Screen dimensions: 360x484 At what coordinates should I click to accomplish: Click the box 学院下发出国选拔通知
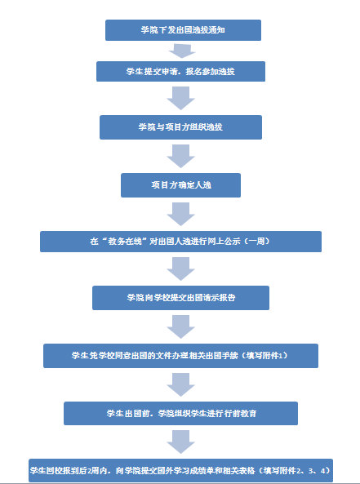pos(183,30)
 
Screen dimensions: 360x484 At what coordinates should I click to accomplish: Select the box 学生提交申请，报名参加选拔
pos(180,71)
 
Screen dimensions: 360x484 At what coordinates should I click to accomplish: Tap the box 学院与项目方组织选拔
pos(180,127)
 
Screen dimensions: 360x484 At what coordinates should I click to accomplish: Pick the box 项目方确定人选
pos(180,185)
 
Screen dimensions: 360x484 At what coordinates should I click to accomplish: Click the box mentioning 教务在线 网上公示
pos(180,242)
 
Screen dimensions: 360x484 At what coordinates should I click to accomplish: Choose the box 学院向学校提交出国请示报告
pos(180,298)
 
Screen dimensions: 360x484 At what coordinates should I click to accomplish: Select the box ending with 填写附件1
pos(180,356)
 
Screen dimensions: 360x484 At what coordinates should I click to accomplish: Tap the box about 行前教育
pos(180,413)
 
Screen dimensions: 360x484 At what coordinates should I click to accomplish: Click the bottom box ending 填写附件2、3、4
pos(180,470)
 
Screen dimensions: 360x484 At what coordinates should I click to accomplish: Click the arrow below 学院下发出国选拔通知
pos(182,51)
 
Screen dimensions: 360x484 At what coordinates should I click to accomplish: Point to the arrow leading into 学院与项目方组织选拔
pos(180,98)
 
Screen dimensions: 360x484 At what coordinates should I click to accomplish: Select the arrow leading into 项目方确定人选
pos(180,156)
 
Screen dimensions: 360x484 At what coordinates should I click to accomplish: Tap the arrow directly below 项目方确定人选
pos(180,214)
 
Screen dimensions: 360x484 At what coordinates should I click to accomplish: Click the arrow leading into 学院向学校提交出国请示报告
pos(180,269)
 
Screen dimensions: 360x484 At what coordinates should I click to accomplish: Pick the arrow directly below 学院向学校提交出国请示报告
pos(180,327)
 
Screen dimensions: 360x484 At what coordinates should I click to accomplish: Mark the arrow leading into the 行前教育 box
pos(180,384)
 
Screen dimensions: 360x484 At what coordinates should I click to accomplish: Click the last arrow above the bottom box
pos(180,442)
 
